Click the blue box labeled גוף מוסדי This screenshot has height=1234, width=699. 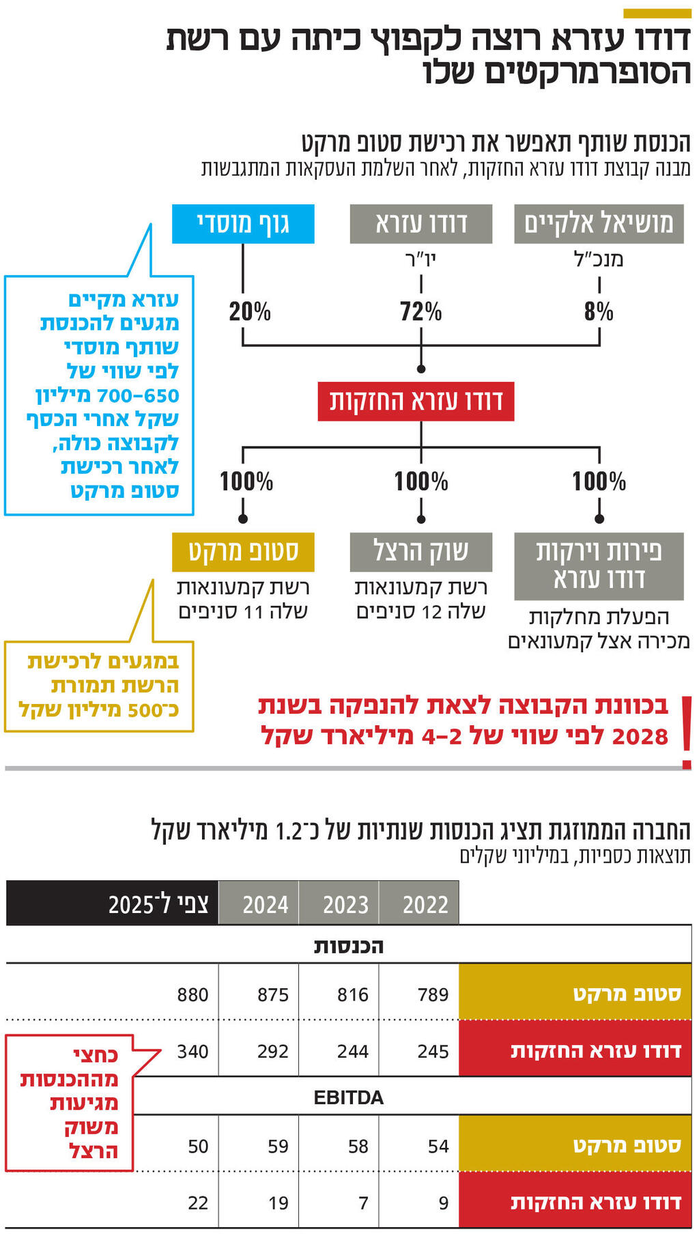pos(243,224)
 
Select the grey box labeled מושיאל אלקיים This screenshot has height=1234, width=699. pos(599,224)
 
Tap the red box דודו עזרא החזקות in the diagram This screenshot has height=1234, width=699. pos(416,401)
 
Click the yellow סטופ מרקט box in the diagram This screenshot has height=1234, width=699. pos(243,552)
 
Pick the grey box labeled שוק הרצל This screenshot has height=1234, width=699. pos(420,552)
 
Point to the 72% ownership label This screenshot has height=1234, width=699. pos(420,312)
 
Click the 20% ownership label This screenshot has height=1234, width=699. pos(250,312)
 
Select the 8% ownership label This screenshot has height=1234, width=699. pos(599,312)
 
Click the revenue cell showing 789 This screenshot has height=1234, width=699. pos(433,994)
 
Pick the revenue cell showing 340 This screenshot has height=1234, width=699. pos(192,1051)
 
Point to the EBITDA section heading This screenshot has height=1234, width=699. pos(348,1097)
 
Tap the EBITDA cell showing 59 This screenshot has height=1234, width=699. pos(278,1146)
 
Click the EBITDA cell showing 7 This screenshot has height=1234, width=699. pos(363,1203)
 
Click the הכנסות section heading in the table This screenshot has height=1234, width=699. pos(348,946)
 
